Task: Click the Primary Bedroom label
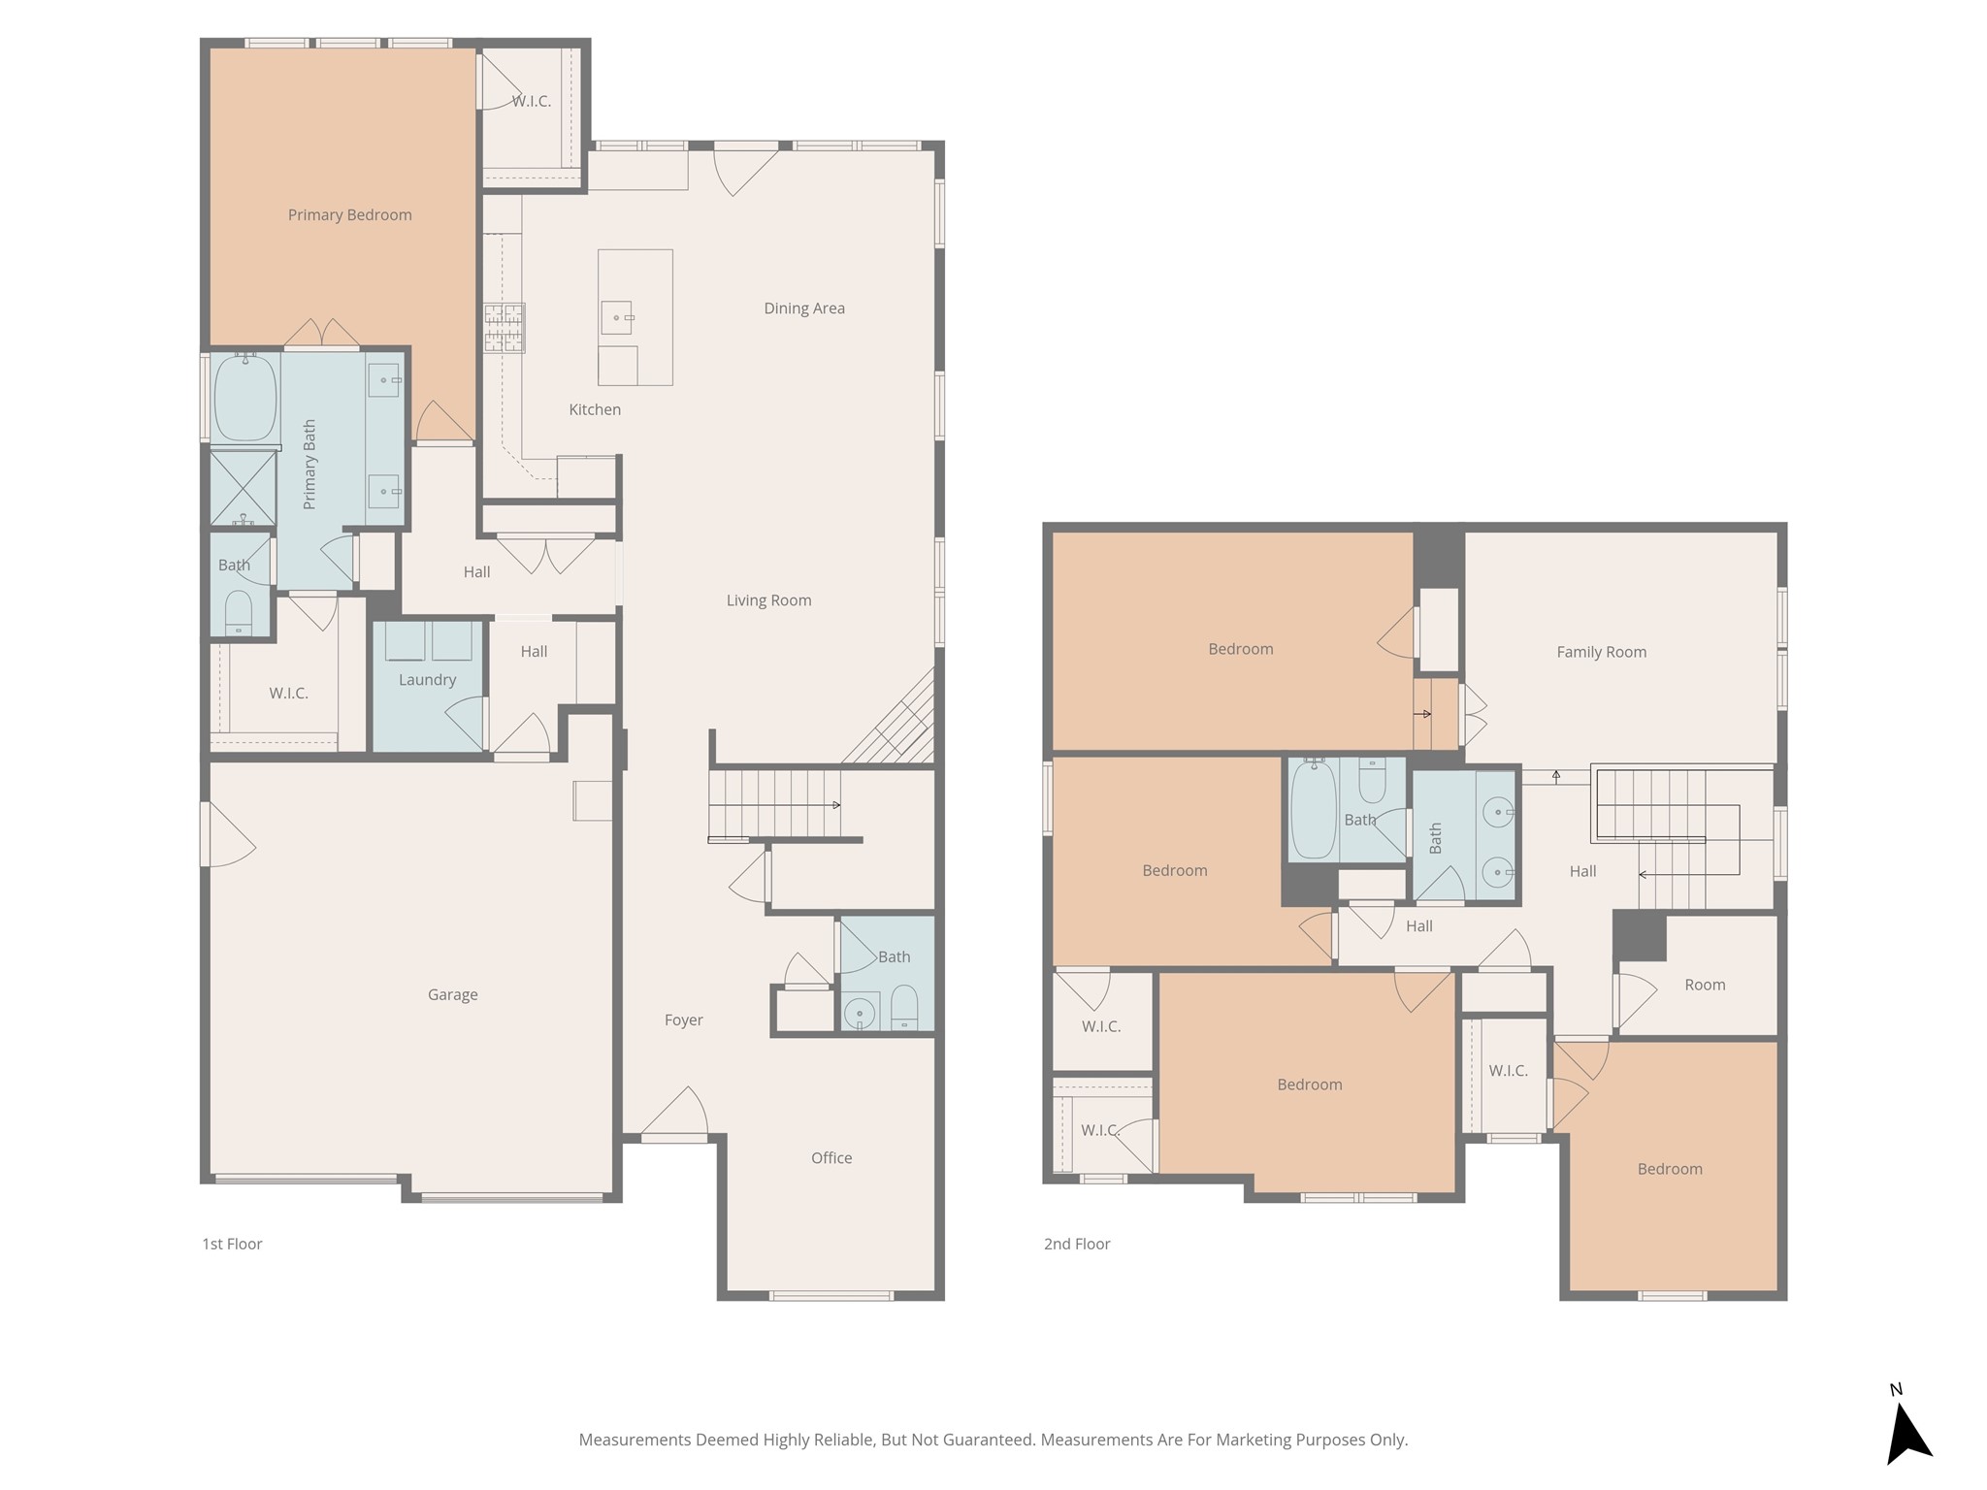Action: click(349, 215)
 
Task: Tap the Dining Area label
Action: click(804, 308)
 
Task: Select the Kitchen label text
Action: click(595, 409)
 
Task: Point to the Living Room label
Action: click(768, 600)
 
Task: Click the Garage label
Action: click(452, 995)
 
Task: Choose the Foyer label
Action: click(683, 1020)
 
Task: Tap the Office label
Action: click(831, 1158)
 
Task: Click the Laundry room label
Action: click(427, 680)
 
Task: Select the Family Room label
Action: click(1602, 653)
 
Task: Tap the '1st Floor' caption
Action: click(232, 1244)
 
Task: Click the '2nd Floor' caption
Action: click(1077, 1244)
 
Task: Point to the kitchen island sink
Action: click(617, 317)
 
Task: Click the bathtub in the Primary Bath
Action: click(244, 399)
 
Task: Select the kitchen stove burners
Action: click(505, 327)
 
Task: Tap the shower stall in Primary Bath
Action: click(244, 488)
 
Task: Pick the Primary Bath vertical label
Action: click(309, 465)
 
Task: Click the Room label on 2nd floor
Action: click(1705, 986)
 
